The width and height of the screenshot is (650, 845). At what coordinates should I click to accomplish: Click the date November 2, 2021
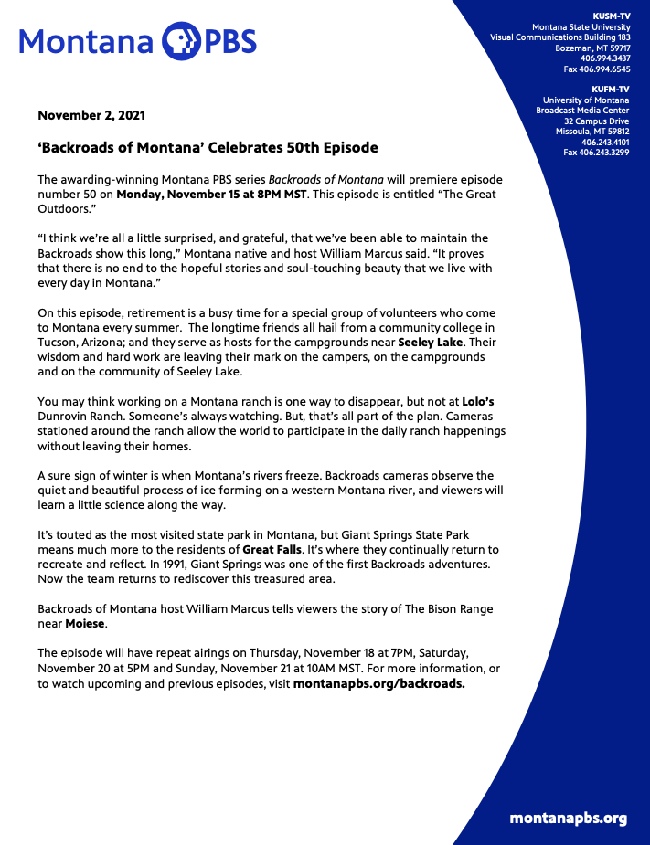point(91,116)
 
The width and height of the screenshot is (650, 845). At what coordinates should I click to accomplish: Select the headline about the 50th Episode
point(208,147)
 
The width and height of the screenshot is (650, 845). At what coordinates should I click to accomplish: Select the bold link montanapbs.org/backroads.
point(379,683)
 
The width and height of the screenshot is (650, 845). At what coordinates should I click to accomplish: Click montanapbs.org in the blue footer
point(568,818)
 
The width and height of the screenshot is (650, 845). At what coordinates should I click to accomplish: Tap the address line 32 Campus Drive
point(596,121)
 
